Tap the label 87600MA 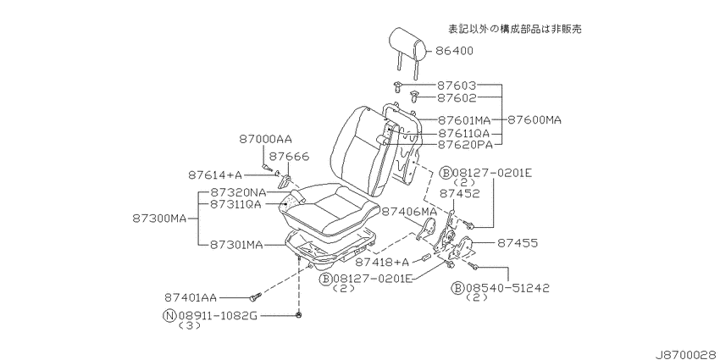coord(534,120)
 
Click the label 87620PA coord(465,145)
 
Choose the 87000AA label coord(265,139)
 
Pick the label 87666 coord(289,157)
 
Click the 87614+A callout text coord(215,175)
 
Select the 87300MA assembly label coord(159,219)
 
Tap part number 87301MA coord(237,245)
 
